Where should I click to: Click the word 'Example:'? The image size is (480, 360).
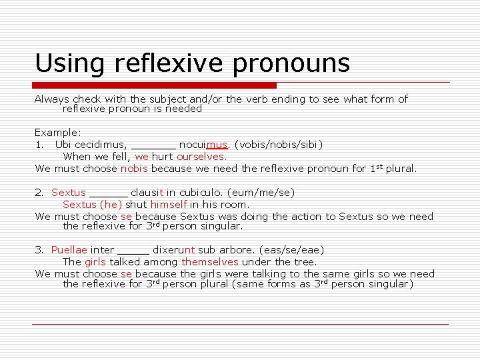(58, 133)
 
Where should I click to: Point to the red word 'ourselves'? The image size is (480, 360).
(201, 157)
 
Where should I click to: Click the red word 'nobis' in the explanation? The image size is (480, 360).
(133, 169)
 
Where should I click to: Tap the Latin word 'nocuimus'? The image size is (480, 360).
(204, 144)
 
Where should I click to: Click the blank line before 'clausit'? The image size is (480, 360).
(109, 193)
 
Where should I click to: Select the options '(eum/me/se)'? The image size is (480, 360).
(261, 193)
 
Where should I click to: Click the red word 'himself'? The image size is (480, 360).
(169, 205)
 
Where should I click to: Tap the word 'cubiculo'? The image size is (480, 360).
(201, 193)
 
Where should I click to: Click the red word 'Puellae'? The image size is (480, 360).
(69, 250)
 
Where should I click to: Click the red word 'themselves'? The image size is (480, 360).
(210, 262)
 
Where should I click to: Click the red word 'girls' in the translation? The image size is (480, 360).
(95, 262)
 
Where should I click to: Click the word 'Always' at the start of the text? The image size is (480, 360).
(52, 99)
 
